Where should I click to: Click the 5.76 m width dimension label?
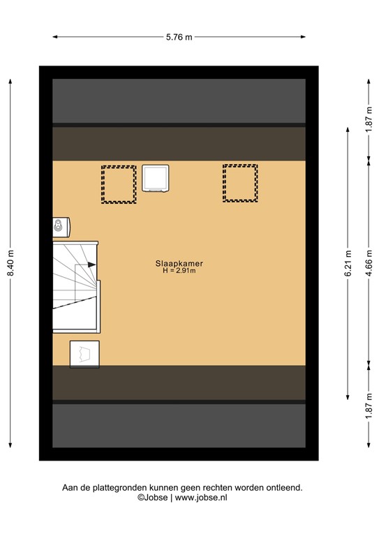click(179, 38)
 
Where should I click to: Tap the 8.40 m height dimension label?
click(10, 263)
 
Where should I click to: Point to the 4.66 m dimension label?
click(369, 263)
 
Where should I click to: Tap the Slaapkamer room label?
click(179, 264)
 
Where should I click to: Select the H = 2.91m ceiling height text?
click(179, 271)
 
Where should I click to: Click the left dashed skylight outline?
click(119, 184)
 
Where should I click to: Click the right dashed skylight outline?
click(240, 184)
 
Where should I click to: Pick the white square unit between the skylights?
click(156, 178)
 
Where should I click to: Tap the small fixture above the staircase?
click(60, 225)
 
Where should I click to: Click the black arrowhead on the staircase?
click(92, 264)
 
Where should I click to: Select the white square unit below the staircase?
click(84, 354)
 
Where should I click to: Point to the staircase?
click(75, 286)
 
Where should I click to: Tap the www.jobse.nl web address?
click(201, 498)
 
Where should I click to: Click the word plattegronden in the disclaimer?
click(112, 488)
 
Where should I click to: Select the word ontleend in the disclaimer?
click(284, 488)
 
